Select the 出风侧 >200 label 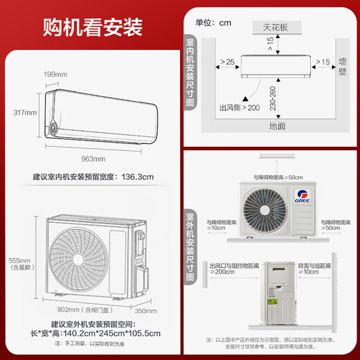pyautogui.click(x=238, y=108)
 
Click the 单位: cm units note pyautogui.click(x=213, y=22)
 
